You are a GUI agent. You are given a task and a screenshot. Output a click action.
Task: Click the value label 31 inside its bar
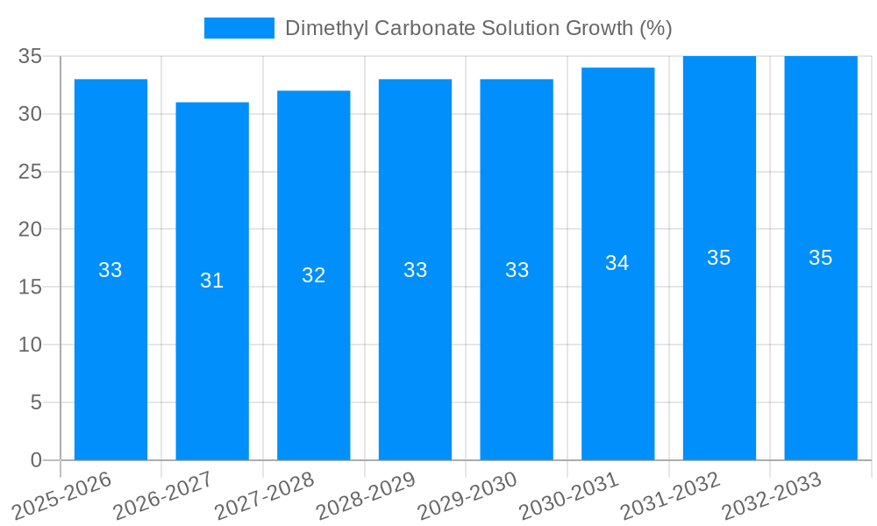tap(212, 281)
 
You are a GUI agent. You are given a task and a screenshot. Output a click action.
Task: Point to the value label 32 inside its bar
tap(314, 275)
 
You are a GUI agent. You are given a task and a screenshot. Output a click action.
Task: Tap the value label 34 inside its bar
tap(618, 263)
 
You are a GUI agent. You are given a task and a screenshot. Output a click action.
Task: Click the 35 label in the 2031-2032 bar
tap(719, 258)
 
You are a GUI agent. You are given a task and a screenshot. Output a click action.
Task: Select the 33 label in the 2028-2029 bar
tap(416, 270)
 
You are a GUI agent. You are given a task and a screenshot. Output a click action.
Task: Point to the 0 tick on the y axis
tap(36, 460)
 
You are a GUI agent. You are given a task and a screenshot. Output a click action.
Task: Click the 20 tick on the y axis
tap(31, 230)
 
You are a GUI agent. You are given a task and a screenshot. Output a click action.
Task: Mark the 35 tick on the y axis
tap(31, 57)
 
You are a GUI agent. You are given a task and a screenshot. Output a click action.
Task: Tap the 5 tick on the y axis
tap(36, 402)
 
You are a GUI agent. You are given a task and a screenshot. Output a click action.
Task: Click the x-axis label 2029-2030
tap(468, 496)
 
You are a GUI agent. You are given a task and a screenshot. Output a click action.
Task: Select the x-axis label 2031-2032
tap(671, 496)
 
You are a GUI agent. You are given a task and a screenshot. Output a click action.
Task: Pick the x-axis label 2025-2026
tap(62, 496)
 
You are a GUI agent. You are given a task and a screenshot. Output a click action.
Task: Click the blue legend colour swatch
tap(239, 28)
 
